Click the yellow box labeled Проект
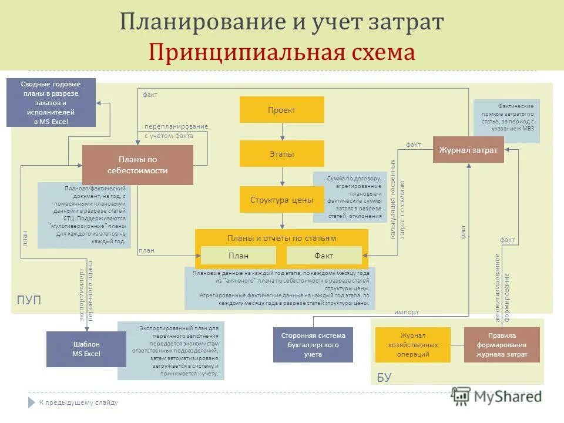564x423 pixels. [281, 110]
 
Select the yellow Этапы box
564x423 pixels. [281, 154]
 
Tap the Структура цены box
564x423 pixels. [281, 200]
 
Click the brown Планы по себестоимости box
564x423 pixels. [137, 165]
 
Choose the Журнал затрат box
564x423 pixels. [468, 150]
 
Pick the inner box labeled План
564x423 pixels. [239, 256]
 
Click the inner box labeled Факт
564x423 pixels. [324, 256]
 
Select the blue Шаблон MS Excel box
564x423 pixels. [86, 349]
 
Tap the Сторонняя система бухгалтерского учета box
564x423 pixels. [313, 345]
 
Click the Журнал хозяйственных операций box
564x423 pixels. [412, 345]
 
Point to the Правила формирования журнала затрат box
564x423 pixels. [502, 345]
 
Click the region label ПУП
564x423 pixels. [29, 300]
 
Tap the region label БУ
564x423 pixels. [384, 377]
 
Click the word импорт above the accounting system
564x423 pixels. [407, 312]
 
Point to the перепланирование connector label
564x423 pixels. [176, 126]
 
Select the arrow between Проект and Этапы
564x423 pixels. [282, 132]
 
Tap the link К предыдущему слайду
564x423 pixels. [79, 402]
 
